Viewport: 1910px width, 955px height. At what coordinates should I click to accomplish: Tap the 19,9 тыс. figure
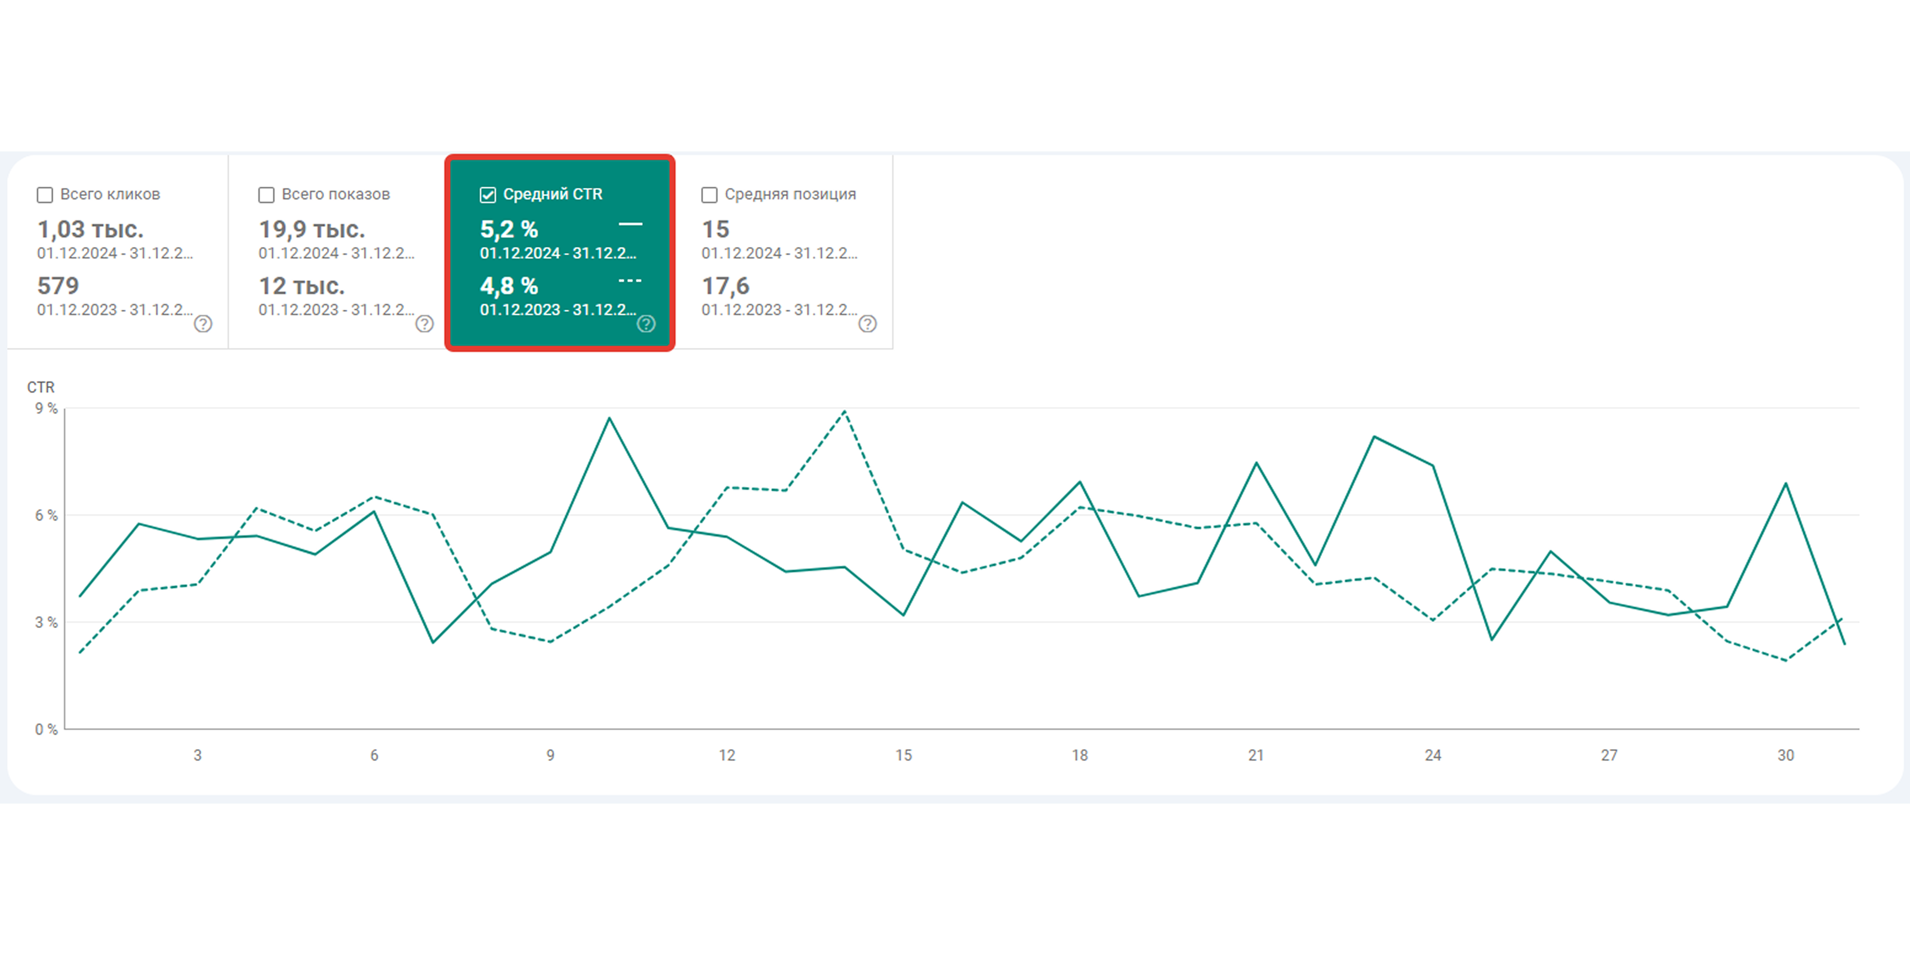[312, 230]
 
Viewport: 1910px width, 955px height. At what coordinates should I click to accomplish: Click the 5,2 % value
[509, 230]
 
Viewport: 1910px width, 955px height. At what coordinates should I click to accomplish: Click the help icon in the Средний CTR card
[646, 324]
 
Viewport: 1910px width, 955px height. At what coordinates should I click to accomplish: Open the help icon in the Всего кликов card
[203, 324]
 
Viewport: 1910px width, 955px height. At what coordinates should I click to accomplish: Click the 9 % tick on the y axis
[46, 408]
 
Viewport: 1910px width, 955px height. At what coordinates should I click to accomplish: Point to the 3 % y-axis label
[46, 623]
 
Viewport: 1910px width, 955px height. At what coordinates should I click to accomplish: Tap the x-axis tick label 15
[903, 756]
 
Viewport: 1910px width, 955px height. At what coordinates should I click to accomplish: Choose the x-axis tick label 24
[1432, 756]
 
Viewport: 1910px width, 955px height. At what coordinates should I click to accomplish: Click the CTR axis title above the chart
[41, 387]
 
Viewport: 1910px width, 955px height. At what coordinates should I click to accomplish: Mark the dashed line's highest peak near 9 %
[845, 411]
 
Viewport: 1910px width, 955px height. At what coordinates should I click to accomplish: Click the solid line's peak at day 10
[609, 418]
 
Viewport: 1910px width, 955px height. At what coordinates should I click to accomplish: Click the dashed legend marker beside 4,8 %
[630, 281]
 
